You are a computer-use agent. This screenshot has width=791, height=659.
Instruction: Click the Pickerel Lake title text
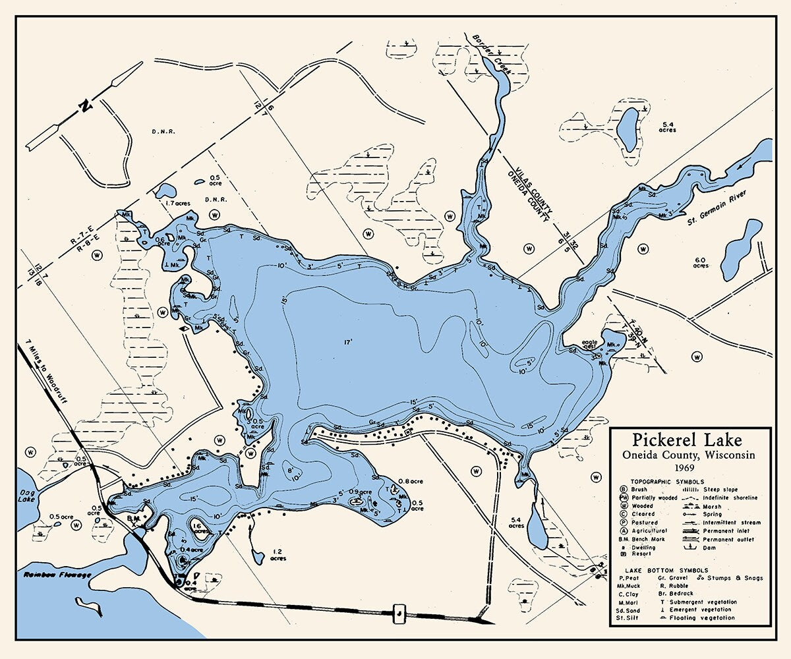[688, 440]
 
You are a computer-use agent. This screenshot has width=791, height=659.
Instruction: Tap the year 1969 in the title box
[688, 467]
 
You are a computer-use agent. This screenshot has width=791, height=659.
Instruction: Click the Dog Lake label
[27, 492]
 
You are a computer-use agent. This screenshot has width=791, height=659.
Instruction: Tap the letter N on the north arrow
[84, 105]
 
